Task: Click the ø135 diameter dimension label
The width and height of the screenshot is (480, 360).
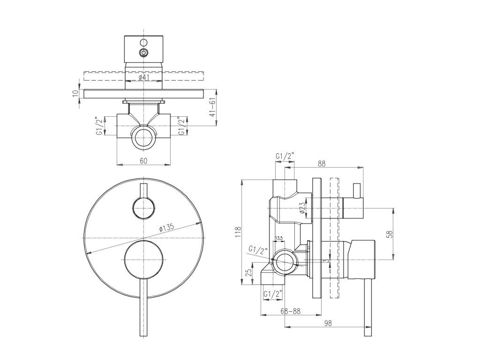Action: tap(167, 227)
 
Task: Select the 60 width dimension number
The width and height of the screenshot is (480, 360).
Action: tap(144, 161)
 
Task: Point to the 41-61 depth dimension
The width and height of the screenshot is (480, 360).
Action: tap(213, 108)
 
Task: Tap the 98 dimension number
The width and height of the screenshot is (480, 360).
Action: tap(328, 322)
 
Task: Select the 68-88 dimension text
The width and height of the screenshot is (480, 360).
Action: tap(291, 311)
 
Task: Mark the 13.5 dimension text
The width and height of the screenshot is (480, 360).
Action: tap(279, 239)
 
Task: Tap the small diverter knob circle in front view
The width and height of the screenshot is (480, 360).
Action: tap(143, 207)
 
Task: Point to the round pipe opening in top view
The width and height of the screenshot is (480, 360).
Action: tap(144, 139)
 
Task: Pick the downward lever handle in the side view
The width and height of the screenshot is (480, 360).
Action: tap(368, 307)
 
